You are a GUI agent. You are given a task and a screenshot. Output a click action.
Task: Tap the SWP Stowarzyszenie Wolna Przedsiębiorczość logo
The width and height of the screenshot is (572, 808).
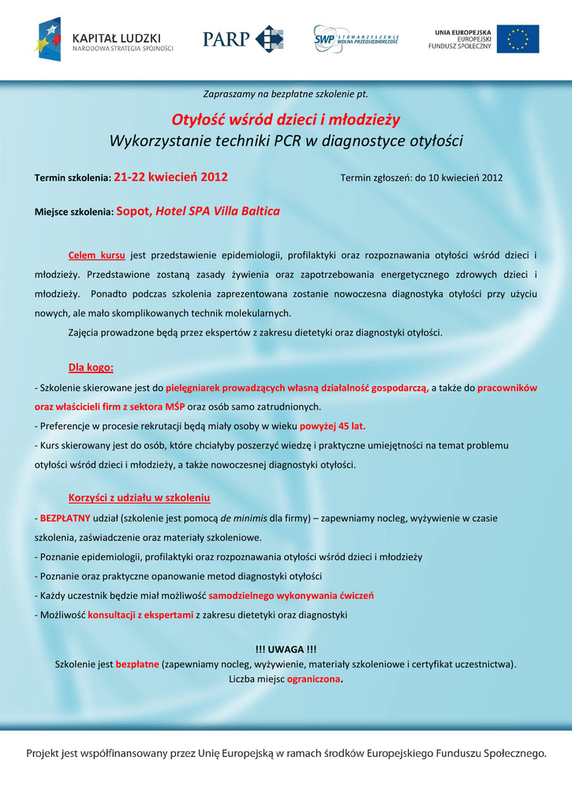(x=356, y=37)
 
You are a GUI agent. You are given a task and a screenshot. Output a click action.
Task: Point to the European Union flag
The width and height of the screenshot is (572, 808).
(x=518, y=39)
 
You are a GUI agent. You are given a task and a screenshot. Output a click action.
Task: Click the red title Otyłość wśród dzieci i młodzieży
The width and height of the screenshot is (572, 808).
(x=286, y=120)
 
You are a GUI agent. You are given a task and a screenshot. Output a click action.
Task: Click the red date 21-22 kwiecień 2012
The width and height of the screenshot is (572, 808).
(x=170, y=177)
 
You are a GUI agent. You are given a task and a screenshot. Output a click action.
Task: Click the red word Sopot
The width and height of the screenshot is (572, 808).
(x=133, y=211)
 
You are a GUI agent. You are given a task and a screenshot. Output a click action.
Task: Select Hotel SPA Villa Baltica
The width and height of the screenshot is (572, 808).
(x=218, y=211)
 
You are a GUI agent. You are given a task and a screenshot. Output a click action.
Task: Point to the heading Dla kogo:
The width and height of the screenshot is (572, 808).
(x=91, y=367)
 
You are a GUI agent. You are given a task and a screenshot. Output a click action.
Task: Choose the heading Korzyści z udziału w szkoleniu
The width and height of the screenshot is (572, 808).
(x=140, y=498)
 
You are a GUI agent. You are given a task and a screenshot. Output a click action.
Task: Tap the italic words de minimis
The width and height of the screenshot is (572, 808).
(x=244, y=518)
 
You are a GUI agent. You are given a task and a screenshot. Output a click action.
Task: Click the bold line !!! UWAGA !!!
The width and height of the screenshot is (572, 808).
(x=286, y=649)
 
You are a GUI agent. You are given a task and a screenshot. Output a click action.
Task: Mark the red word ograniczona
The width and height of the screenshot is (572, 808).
(x=314, y=679)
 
